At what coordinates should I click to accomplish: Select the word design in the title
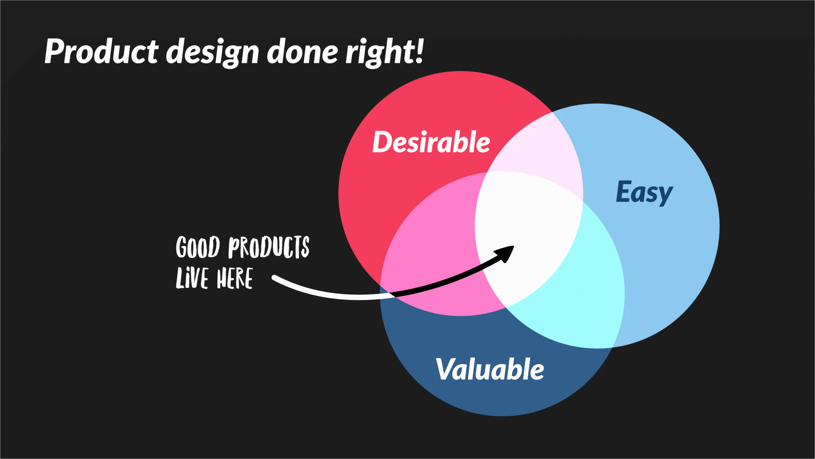tap(213, 53)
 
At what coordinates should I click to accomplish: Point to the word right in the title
tap(380, 53)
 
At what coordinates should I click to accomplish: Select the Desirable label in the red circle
tap(431, 142)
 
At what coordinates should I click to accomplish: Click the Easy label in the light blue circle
tap(644, 193)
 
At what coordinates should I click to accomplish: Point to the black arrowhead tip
tap(513, 247)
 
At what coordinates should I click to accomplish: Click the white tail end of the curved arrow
tap(274, 277)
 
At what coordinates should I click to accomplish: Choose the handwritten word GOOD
tap(198, 247)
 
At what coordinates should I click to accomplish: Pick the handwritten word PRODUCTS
tap(269, 247)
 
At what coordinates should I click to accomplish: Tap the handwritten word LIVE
tap(192, 278)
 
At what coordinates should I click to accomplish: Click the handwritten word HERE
tap(235, 278)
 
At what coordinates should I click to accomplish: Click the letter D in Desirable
tap(383, 142)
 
